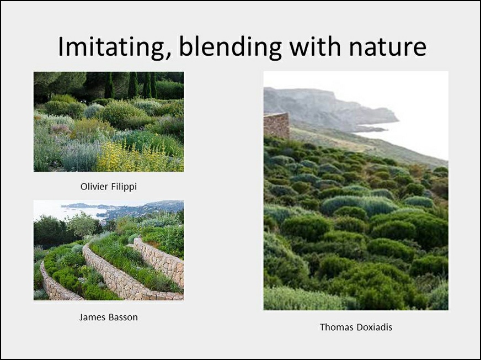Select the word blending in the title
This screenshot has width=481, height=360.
pos(230,47)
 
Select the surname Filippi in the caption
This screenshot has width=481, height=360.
pos(124,187)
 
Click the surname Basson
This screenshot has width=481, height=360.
pos(122,317)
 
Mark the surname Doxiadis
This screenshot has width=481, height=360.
pos(375,327)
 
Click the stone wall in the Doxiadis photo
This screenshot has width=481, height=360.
pos(276,125)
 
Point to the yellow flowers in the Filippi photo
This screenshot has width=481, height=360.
pos(129,158)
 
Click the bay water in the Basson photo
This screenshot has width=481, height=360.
pos(83,212)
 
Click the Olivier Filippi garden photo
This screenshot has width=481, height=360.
pos(109,121)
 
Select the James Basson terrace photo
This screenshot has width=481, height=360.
pos(109,250)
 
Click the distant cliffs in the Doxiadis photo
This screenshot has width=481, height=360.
pos(325,108)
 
